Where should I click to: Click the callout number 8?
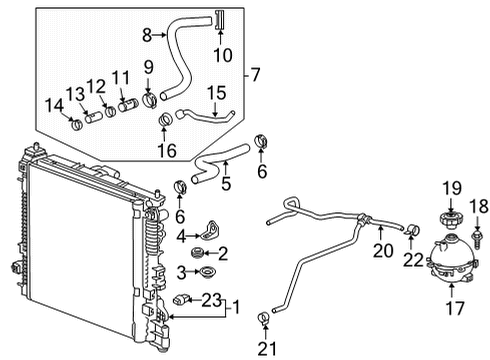(146, 35)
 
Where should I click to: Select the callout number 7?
(258, 75)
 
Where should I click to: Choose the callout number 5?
(227, 183)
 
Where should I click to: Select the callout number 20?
(380, 250)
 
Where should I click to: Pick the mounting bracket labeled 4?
(212, 232)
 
